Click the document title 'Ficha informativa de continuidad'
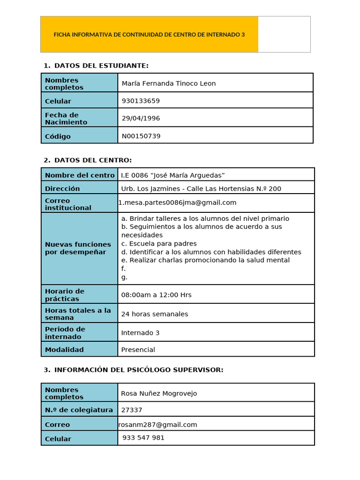149,35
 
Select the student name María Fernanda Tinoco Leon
169,83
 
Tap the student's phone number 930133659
141,101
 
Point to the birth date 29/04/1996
141,118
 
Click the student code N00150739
141,136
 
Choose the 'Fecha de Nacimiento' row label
66,119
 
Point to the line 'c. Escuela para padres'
159,244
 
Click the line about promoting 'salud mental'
205,260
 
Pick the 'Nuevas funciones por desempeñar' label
78,248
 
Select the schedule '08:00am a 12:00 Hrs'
156,295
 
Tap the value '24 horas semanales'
154,314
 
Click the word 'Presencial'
138,350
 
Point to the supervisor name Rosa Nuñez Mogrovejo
159,393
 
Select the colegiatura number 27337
131,410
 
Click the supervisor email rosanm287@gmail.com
157,425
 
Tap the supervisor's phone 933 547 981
143,438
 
